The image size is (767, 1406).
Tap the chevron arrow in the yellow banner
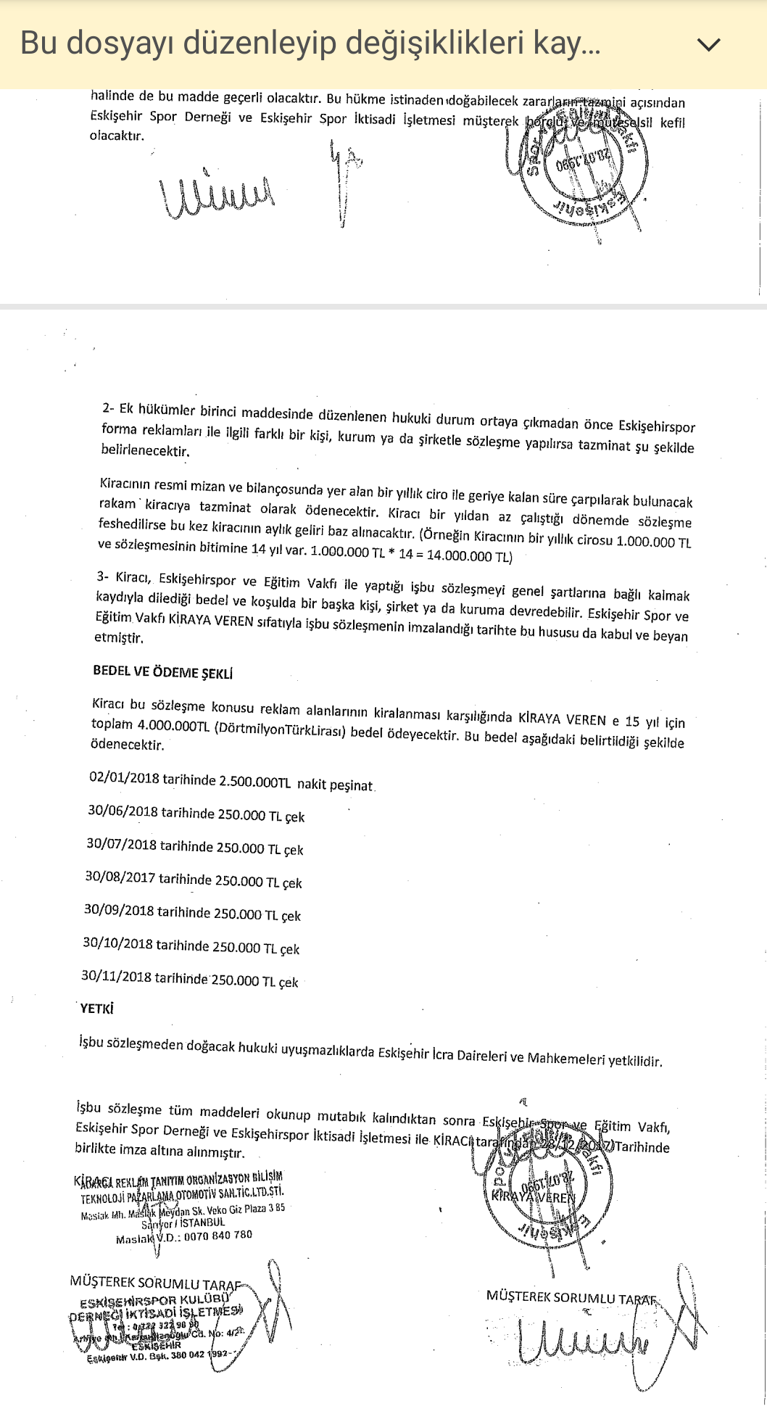pyautogui.click(x=708, y=45)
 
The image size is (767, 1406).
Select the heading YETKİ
pyautogui.click(x=96, y=1009)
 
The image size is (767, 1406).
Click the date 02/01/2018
pyautogui.click(x=124, y=778)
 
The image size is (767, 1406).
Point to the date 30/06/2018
pyautogui.click(x=123, y=811)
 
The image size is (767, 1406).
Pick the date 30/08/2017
pyautogui.click(x=120, y=877)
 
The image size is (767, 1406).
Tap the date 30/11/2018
pyautogui.click(x=116, y=976)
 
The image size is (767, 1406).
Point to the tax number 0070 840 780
pyautogui.click(x=217, y=1236)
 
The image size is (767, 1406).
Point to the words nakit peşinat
pyautogui.click(x=335, y=785)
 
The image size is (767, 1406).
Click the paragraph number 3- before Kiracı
pyautogui.click(x=102, y=576)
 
